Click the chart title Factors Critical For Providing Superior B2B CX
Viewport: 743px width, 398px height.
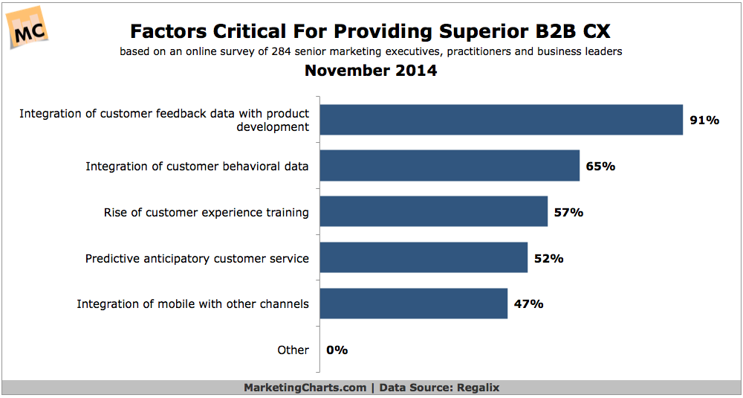(371, 31)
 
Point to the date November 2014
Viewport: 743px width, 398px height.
(371, 71)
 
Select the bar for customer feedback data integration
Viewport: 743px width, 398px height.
(501, 120)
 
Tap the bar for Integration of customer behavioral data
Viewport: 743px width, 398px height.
(450, 166)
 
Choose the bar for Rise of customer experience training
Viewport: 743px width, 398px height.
(433, 212)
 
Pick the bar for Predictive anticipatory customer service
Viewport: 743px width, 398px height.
(424, 258)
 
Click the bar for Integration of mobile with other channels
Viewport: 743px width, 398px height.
(414, 304)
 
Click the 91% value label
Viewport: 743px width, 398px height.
(704, 120)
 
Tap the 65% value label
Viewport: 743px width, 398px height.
(600, 166)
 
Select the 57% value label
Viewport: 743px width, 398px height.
(568, 212)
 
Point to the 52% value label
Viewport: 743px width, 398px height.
(548, 258)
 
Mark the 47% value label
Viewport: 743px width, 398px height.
(528, 304)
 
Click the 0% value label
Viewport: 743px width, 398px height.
(337, 350)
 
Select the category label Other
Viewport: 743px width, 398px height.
(293, 350)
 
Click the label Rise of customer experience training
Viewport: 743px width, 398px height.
(206, 213)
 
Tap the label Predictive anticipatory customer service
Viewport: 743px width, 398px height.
(197, 259)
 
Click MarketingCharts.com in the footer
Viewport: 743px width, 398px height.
(305, 388)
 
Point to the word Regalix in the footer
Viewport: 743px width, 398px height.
(477, 388)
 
